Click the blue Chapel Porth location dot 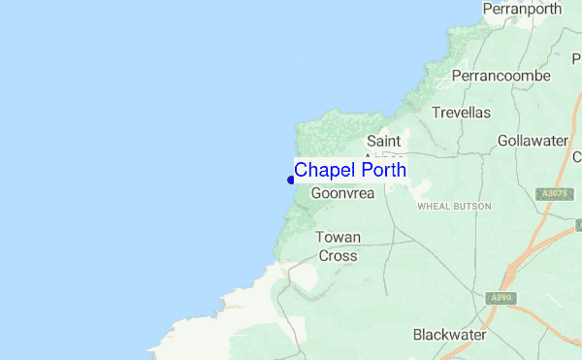click(291, 179)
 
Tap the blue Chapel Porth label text click(350, 170)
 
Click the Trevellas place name click(462, 113)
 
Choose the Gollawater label click(533, 141)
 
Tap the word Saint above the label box click(384, 142)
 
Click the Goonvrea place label click(342, 193)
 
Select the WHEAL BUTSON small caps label click(454, 207)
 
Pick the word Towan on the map click(339, 238)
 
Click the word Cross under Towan click(339, 256)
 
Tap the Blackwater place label click(449, 335)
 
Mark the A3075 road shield click(554, 195)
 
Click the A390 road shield click(501, 298)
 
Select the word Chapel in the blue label click(324, 170)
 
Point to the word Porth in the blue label click(382, 170)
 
